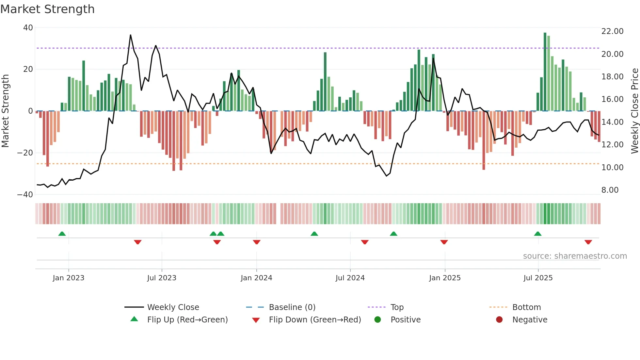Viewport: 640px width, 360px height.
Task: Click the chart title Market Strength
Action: point(47,9)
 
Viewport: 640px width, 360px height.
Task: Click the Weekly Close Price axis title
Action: point(634,111)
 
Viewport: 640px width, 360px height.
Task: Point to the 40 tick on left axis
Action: point(28,28)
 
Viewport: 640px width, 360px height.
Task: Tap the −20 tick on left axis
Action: point(25,153)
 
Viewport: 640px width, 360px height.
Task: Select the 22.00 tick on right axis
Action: point(612,31)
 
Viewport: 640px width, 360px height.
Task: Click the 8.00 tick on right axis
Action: point(610,190)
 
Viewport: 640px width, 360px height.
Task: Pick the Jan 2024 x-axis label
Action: point(256,278)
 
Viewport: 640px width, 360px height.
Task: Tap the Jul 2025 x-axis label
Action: point(538,278)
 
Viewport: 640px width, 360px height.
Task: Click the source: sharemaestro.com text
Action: point(575,256)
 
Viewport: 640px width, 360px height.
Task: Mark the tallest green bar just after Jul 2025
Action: point(545,72)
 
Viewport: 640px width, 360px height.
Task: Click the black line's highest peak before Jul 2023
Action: point(131,35)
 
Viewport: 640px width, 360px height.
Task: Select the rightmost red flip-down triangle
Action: point(588,242)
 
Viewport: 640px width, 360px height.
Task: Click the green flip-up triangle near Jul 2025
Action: point(537,234)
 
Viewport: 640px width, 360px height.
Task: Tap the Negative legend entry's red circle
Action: point(499,320)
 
